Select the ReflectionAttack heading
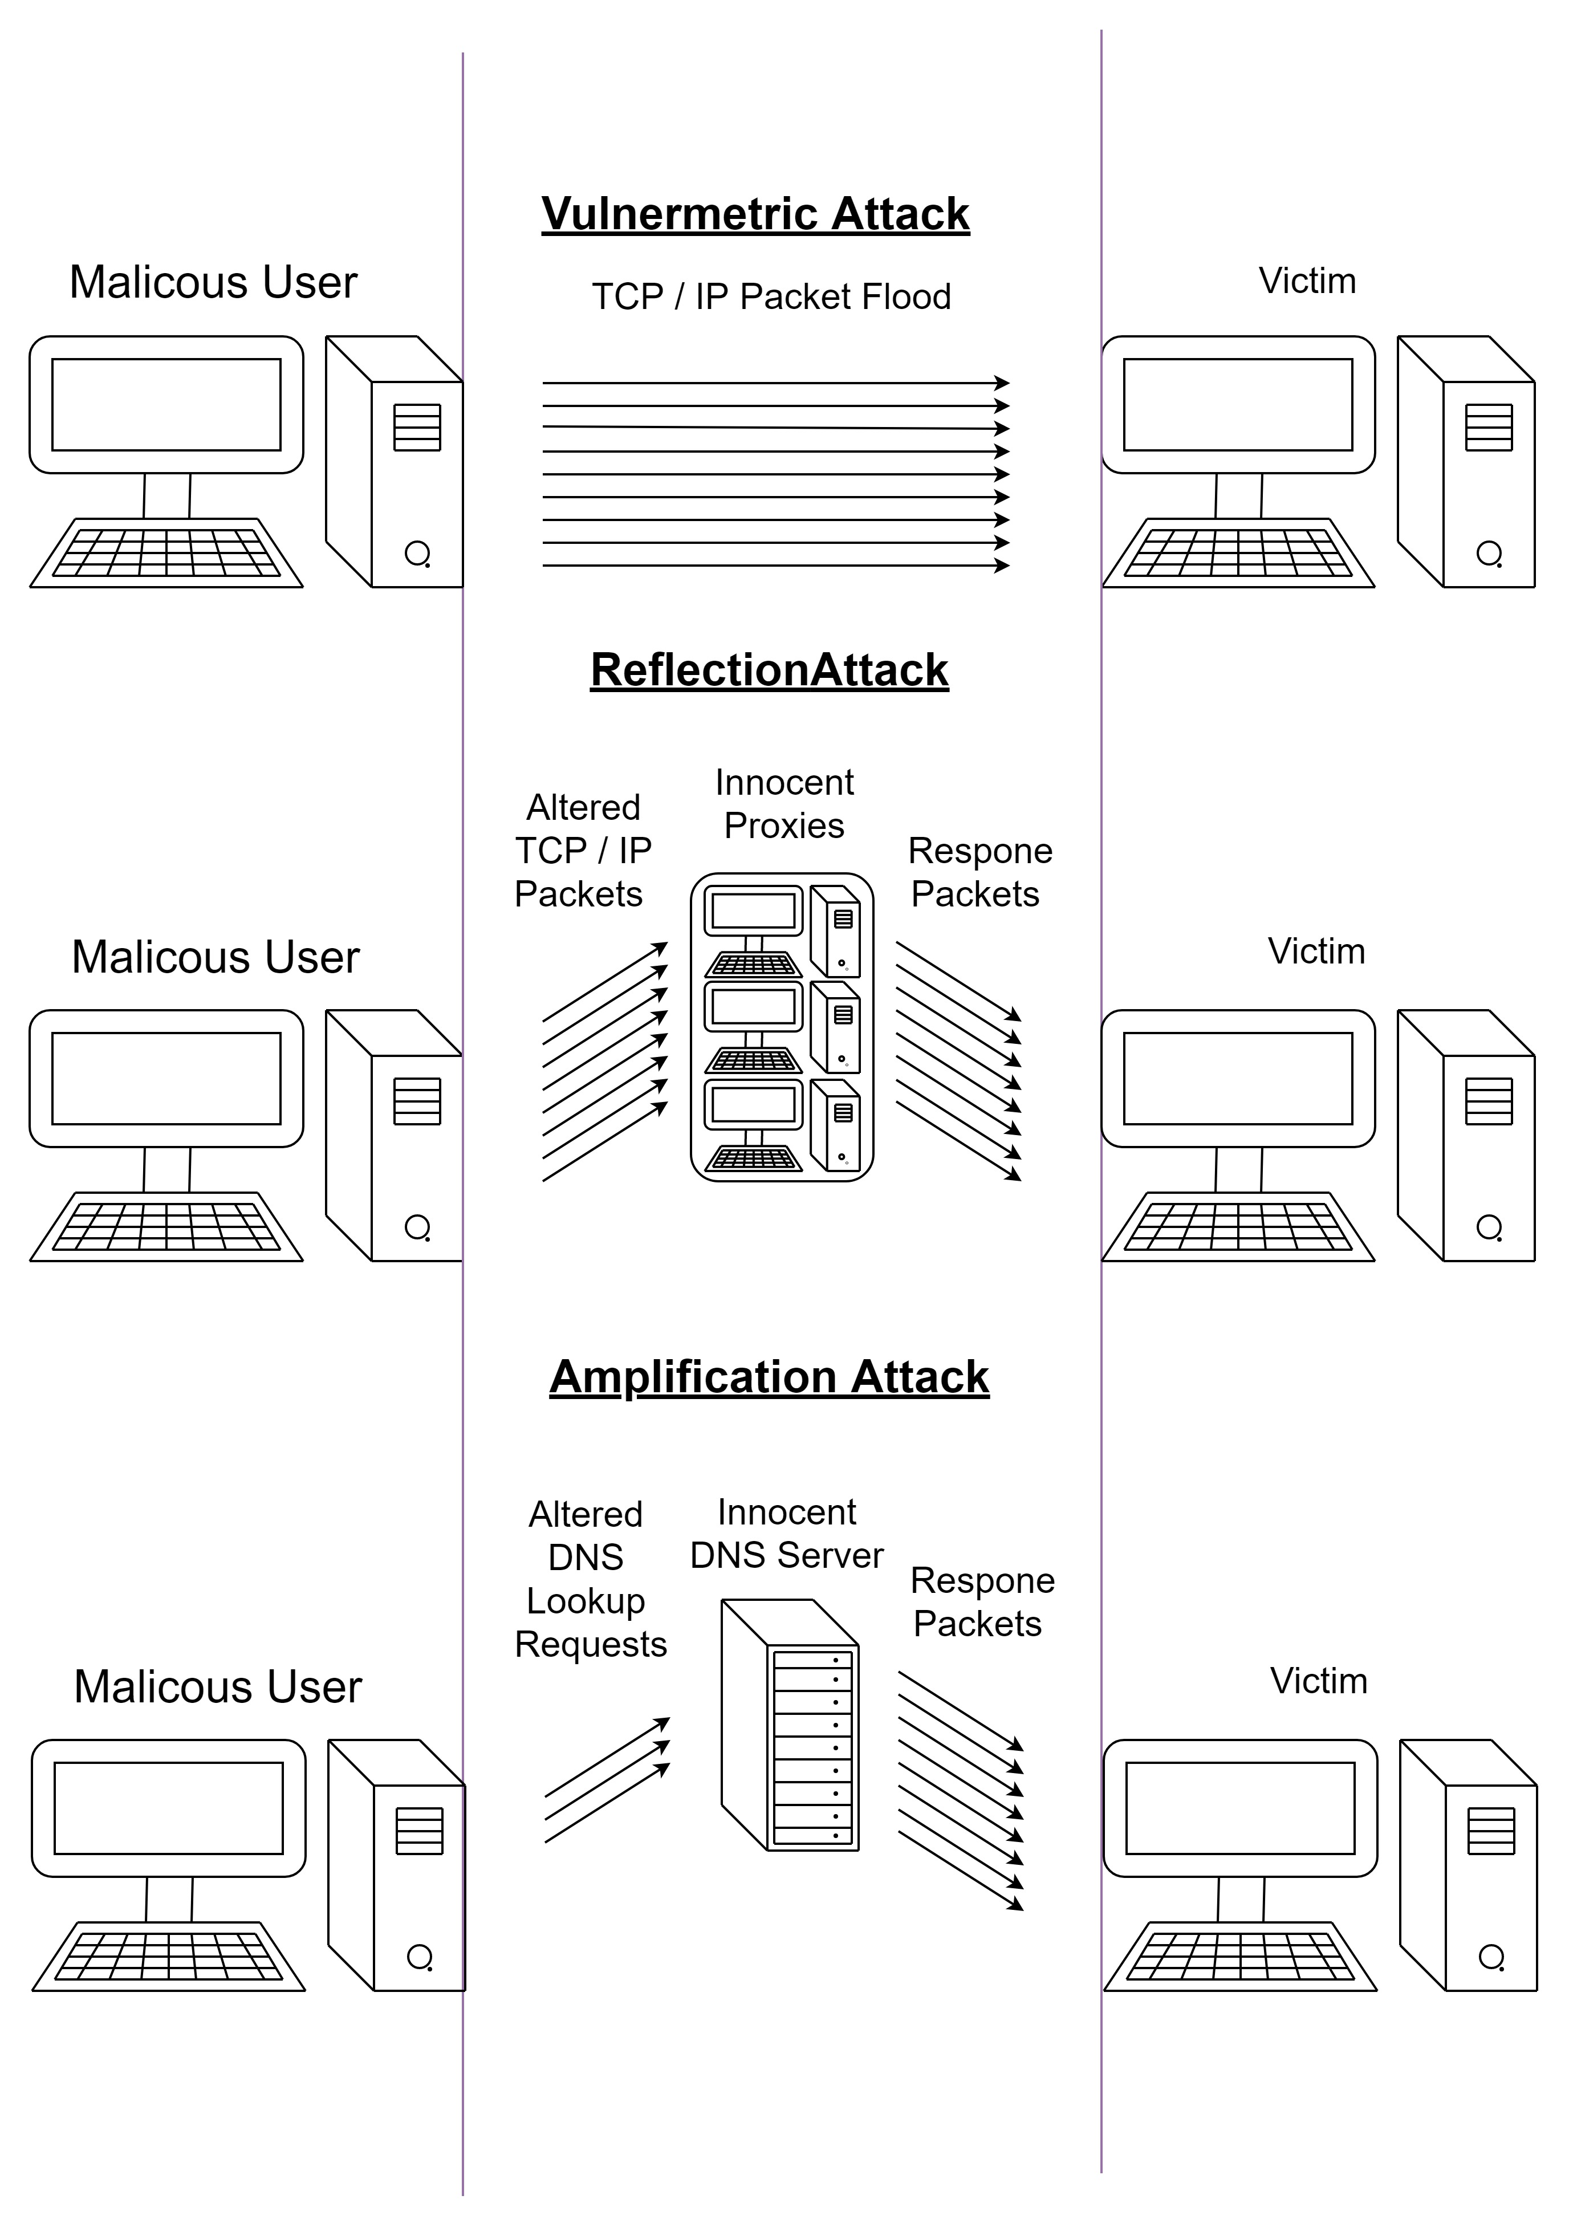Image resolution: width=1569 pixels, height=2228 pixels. coord(770,669)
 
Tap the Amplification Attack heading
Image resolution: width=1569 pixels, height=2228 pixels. coord(770,1377)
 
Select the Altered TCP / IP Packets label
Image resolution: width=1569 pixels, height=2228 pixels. coord(582,850)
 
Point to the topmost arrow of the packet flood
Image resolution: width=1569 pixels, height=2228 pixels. coord(777,383)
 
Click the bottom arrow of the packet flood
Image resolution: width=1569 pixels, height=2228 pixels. coord(777,566)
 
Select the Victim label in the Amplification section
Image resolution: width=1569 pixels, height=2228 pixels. coord(1319,1681)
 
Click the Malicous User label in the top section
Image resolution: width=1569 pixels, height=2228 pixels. coord(213,282)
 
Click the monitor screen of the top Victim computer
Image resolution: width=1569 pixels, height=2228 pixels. coord(1238,405)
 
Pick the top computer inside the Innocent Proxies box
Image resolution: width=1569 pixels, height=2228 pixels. coord(782,930)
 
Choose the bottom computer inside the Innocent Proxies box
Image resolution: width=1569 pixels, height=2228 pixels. coord(782,1125)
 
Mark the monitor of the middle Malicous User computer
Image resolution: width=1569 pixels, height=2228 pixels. coord(166,1078)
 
